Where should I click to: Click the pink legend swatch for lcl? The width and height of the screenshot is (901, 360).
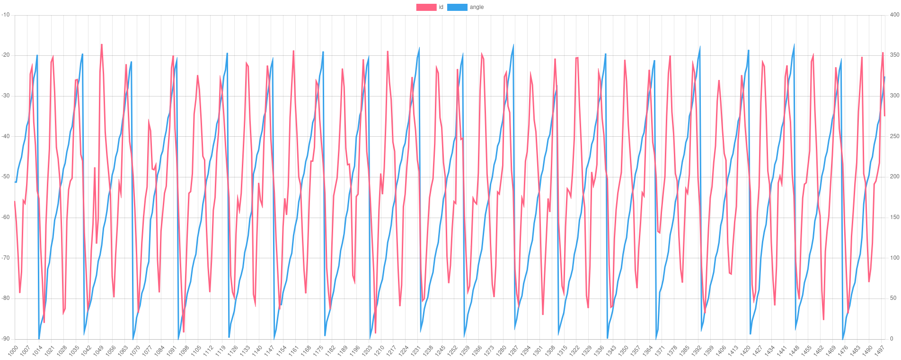(426, 7)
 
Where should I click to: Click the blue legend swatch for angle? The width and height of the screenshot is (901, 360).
(457, 7)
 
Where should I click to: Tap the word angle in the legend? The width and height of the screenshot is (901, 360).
(477, 7)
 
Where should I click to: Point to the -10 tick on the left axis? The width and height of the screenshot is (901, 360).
(6, 15)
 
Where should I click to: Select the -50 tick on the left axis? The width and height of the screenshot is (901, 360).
(6, 176)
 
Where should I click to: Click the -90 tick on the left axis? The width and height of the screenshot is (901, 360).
(6, 339)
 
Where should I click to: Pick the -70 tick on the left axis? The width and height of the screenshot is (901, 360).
(6, 258)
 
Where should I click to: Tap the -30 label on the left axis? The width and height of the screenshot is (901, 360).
(6, 96)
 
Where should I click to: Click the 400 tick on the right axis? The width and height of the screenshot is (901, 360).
(894, 15)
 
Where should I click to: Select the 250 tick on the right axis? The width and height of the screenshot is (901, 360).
(894, 136)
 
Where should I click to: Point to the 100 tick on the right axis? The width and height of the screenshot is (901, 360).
(894, 258)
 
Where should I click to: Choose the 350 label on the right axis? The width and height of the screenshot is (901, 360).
(894, 55)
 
